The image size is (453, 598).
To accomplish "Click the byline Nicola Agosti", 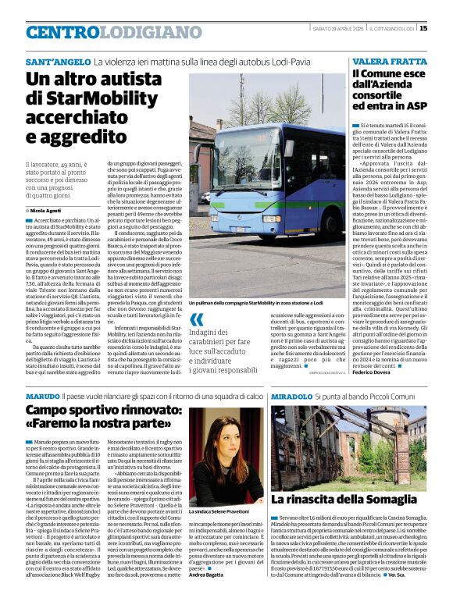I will [x=48, y=211].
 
